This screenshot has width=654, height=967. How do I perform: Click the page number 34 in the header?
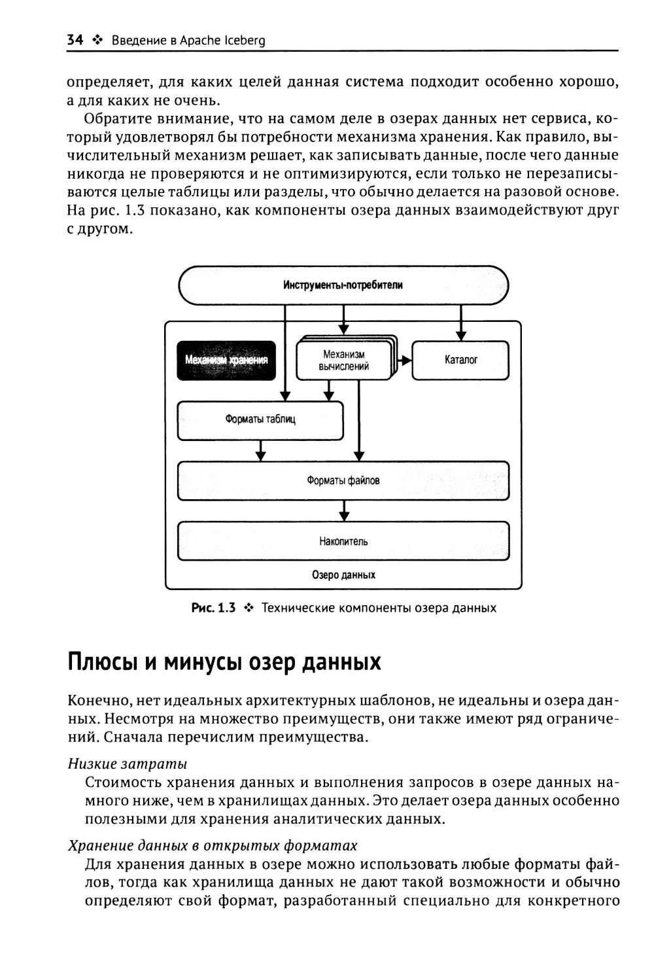click(x=75, y=41)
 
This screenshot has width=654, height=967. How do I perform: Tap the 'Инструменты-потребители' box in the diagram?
click(x=343, y=285)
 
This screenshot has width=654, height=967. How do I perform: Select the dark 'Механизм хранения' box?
click(x=226, y=360)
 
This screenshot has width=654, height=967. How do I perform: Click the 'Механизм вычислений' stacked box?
click(x=345, y=360)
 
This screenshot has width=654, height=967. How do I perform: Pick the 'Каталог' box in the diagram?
click(x=460, y=360)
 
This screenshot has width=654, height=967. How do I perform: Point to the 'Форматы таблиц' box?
click(x=260, y=419)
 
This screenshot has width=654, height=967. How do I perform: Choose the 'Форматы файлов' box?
click(x=343, y=481)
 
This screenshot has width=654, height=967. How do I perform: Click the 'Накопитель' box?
click(x=343, y=541)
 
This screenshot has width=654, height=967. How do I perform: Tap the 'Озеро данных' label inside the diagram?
click(x=343, y=575)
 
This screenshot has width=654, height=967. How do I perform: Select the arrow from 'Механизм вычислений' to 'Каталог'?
click(x=404, y=360)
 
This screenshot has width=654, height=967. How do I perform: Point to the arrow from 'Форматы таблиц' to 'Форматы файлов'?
click(x=261, y=450)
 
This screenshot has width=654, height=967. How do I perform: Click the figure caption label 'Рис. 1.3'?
click(x=213, y=608)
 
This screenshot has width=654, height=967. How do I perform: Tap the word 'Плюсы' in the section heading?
click(x=102, y=662)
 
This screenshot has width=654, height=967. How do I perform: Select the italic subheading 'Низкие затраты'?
click(x=128, y=764)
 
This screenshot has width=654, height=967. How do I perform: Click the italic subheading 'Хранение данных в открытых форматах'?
click(x=213, y=845)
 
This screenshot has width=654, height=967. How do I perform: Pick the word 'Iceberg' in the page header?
click(x=245, y=41)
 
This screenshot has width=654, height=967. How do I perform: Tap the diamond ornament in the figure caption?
click(x=248, y=608)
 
